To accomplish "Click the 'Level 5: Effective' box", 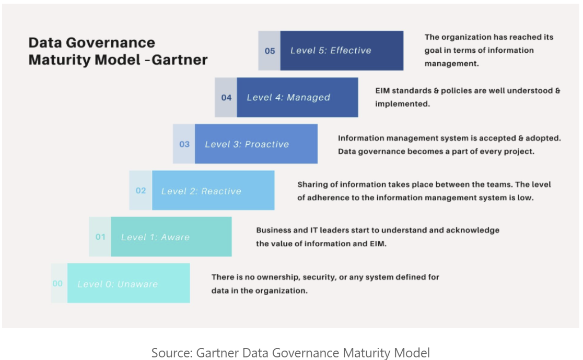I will click(x=342, y=51).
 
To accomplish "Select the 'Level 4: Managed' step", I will click(x=297, y=97).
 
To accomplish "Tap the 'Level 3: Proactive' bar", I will click(x=256, y=144).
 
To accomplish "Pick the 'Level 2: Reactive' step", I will click(x=213, y=191).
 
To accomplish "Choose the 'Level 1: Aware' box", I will click(x=171, y=237).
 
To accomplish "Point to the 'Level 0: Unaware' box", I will click(x=129, y=284).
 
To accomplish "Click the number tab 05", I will click(x=270, y=51).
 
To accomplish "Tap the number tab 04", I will click(x=226, y=97).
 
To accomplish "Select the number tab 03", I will click(x=184, y=144).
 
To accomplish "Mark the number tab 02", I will click(x=141, y=191).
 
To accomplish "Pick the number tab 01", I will click(x=100, y=237).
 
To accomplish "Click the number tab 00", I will click(x=58, y=284).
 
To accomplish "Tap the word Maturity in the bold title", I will click(x=57, y=60).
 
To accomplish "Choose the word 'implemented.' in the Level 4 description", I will click(x=402, y=104).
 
